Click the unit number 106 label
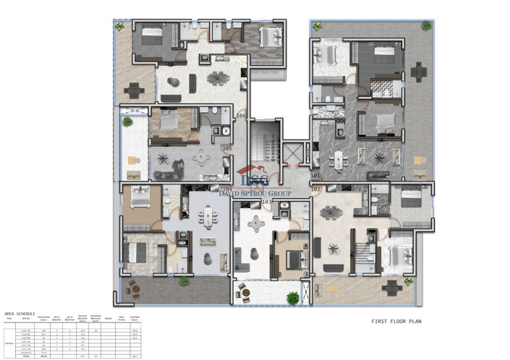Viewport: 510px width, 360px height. pos(242,116)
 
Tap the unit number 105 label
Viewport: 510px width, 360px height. pos(227,149)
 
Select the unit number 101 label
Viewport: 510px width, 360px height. pos(315,176)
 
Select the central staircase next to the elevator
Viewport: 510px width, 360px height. pos(263,144)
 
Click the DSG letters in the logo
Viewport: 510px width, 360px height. pos(254,180)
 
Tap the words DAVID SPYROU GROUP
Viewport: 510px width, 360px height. pos(255,194)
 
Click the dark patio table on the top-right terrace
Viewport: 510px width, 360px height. pos(419,73)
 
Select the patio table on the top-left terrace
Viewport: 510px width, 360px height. pos(134,90)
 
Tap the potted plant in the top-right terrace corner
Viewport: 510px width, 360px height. pos(426,26)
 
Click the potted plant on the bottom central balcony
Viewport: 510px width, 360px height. pos(292,297)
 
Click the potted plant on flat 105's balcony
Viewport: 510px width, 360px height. pos(128,122)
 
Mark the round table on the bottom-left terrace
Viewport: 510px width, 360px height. pos(132,291)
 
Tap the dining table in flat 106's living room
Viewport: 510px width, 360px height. pos(215,79)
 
